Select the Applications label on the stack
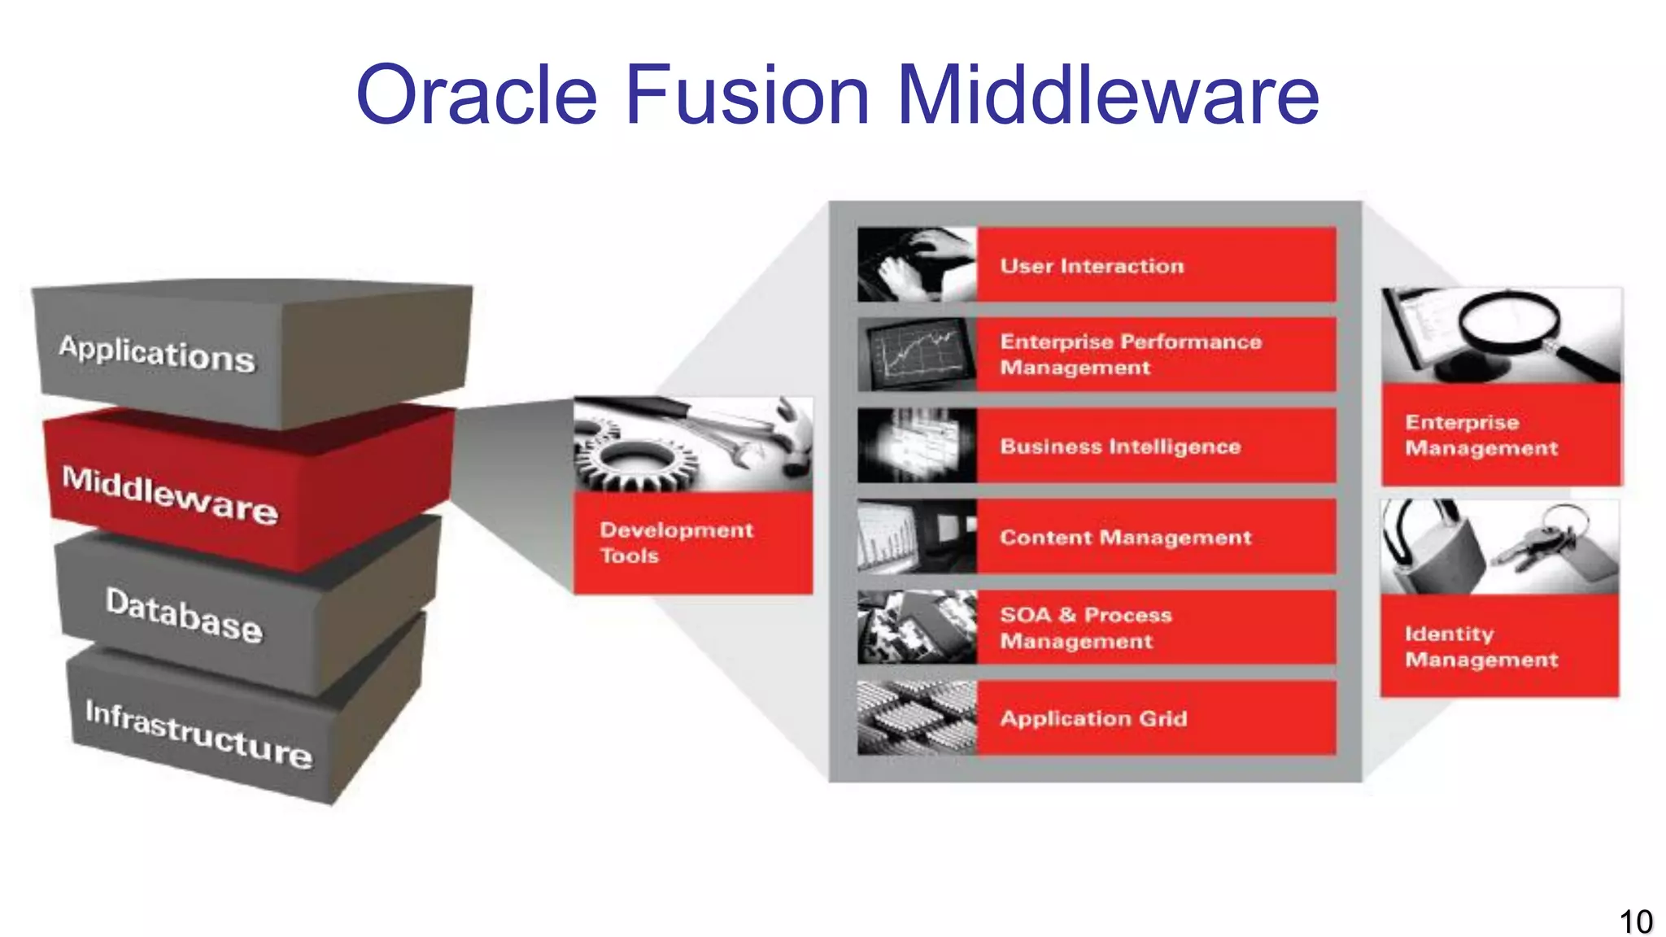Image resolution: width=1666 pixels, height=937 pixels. coord(156,354)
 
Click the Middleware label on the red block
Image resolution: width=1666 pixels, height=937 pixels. coord(170,494)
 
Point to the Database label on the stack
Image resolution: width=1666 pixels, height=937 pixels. coord(184,615)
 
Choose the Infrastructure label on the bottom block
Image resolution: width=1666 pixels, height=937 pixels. coord(198,734)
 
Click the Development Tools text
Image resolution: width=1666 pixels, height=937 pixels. coord(676,543)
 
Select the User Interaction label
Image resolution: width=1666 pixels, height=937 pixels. coord(1092,266)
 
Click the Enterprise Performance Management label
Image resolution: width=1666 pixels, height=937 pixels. coord(1130,355)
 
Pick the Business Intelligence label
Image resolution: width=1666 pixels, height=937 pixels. coord(1120,447)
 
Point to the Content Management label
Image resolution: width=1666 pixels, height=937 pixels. coord(1125,538)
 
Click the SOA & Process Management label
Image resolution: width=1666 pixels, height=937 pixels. coord(1085,628)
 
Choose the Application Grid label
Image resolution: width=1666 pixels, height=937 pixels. coord(1093,719)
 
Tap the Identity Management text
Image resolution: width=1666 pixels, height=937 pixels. coord(1481,647)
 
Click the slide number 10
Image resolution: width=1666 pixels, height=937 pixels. coord(1635,922)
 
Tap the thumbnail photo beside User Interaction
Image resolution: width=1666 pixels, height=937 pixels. coord(917,265)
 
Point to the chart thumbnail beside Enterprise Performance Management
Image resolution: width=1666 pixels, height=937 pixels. coord(917,355)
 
